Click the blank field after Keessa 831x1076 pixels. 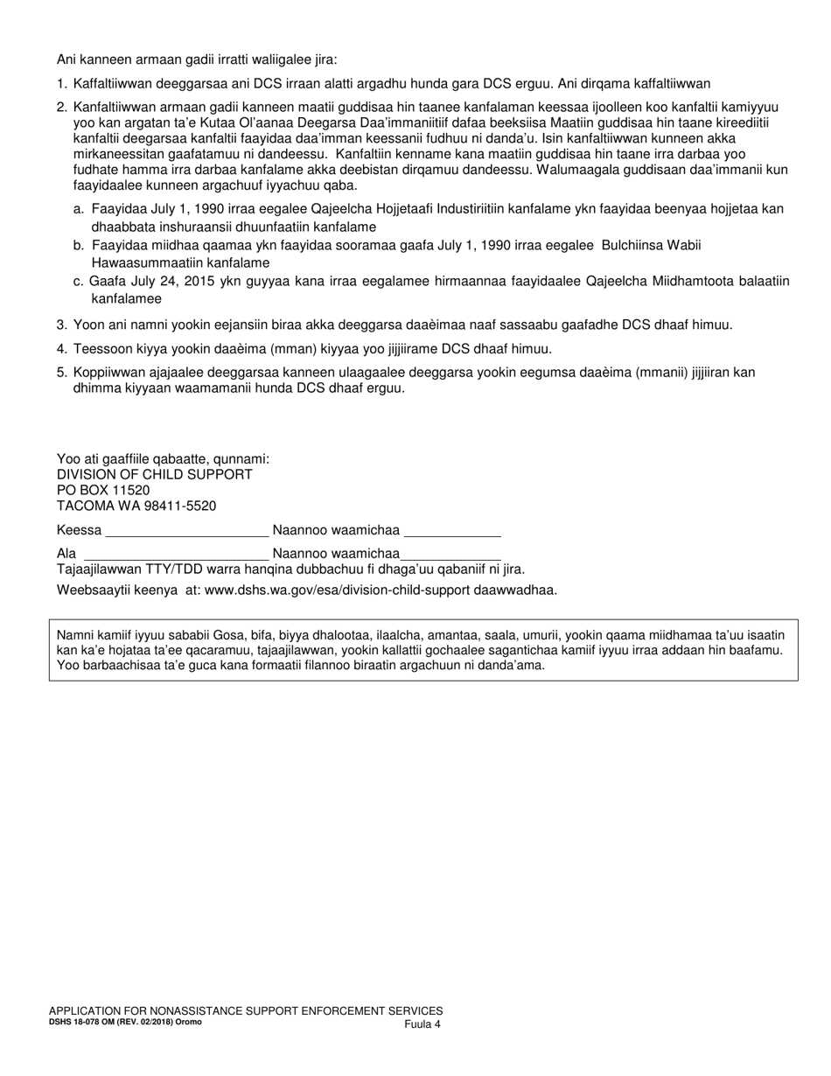coord(186,530)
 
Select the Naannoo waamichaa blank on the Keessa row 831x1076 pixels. coord(451,530)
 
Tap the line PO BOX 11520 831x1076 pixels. coord(103,490)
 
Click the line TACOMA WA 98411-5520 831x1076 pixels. coord(136,506)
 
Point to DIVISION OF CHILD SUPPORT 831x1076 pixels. coord(155,474)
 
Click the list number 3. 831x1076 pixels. coord(61,325)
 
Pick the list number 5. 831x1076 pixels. coord(61,372)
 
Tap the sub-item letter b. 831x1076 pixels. coord(79,245)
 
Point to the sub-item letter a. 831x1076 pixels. coord(79,209)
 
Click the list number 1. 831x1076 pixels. coord(61,84)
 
